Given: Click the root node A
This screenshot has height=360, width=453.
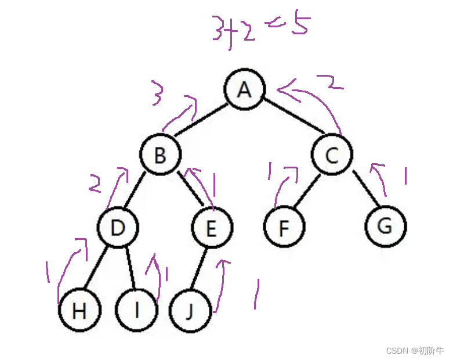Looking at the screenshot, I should pyautogui.click(x=245, y=89).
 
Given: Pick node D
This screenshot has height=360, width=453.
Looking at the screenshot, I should pyautogui.click(x=118, y=228).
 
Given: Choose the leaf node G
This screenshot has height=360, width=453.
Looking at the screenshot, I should pyautogui.click(x=386, y=226).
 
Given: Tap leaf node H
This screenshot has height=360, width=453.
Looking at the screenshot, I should pyautogui.click(x=79, y=311).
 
